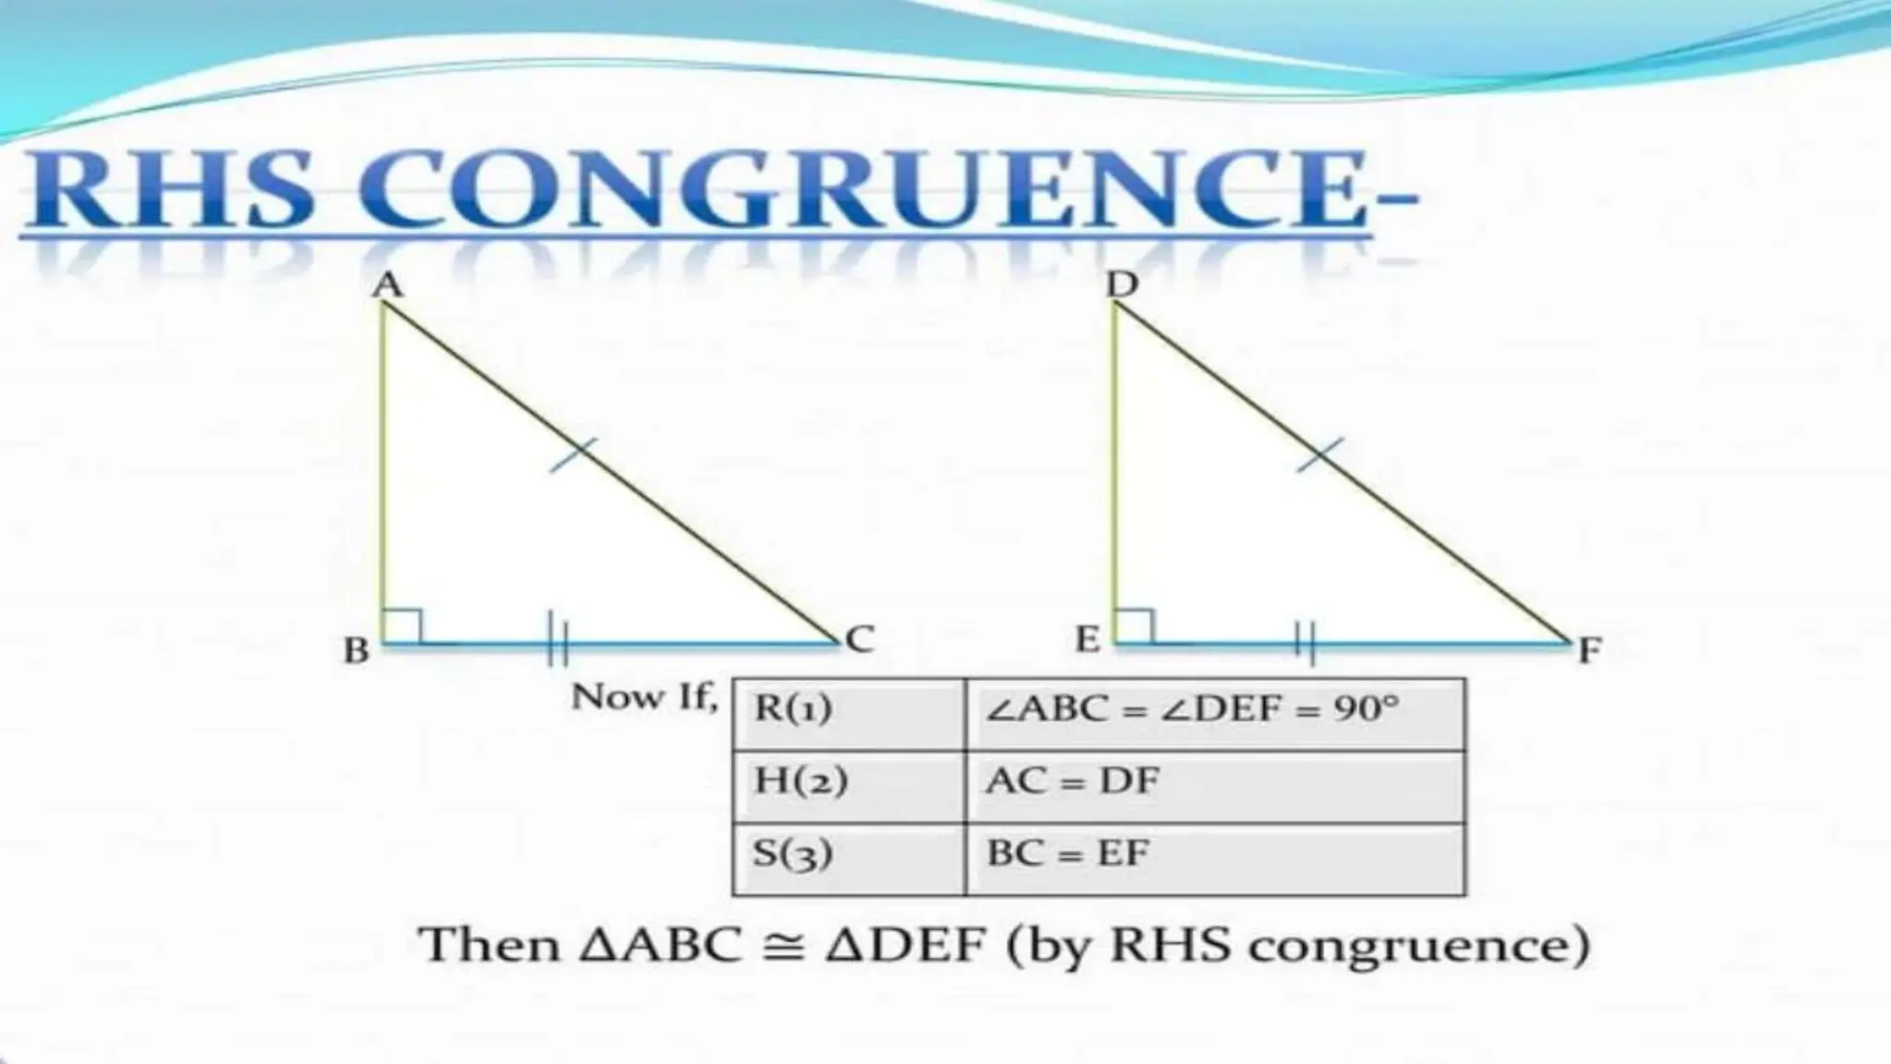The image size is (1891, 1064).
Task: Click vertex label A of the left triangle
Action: (389, 284)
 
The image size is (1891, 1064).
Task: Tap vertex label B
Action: (356, 650)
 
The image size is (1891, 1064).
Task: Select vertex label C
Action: (859, 639)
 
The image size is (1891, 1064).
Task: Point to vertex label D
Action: (1122, 284)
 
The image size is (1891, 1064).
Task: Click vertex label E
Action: (1088, 639)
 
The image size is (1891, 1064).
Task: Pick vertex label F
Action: (1588, 650)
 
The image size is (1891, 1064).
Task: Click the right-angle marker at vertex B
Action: (403, 625)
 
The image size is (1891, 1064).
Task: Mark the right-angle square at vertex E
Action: (1135, 625)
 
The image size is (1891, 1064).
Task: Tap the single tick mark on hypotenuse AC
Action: (573, 455)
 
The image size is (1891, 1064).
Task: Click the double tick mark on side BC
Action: (558, 639)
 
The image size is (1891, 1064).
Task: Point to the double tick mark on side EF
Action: (1305, 641)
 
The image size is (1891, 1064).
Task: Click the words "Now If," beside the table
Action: (644, 697)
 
